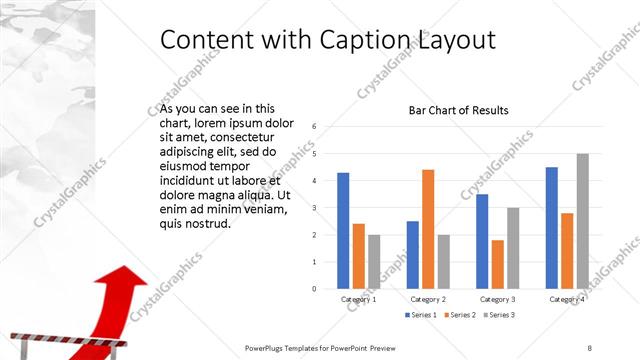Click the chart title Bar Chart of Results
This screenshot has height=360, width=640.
click(458, 110)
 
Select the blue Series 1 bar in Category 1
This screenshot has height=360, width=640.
click(343, 230)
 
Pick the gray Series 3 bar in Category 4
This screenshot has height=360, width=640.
click(582, 221)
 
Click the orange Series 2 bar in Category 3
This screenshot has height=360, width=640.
click(497, 264)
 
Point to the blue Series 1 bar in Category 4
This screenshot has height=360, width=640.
click(551, 227)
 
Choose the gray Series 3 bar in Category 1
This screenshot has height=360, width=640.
click(373, 261)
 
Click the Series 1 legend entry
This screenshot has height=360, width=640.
click(421, 315)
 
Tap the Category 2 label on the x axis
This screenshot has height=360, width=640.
click(428, 299)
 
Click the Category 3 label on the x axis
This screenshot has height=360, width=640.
click(497, 299)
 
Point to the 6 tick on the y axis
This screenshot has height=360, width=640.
click(314, 127)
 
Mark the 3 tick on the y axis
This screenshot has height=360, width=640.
click(314, 208)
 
